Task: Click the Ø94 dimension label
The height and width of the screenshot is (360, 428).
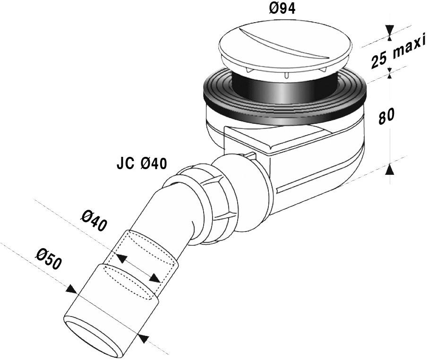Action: [x=282, y=9]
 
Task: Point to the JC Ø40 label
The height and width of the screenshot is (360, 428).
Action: [x=142, y=163]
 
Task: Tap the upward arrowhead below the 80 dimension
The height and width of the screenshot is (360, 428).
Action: [x=390, y=169]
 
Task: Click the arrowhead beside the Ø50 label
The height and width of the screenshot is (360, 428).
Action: [x=72, y=290]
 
